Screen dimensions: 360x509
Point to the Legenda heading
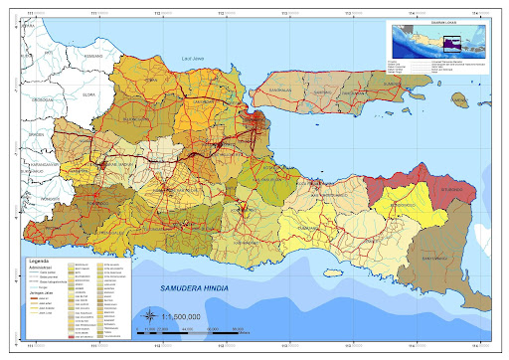pos(37,256)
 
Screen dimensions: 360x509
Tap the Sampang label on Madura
pos(321,94)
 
